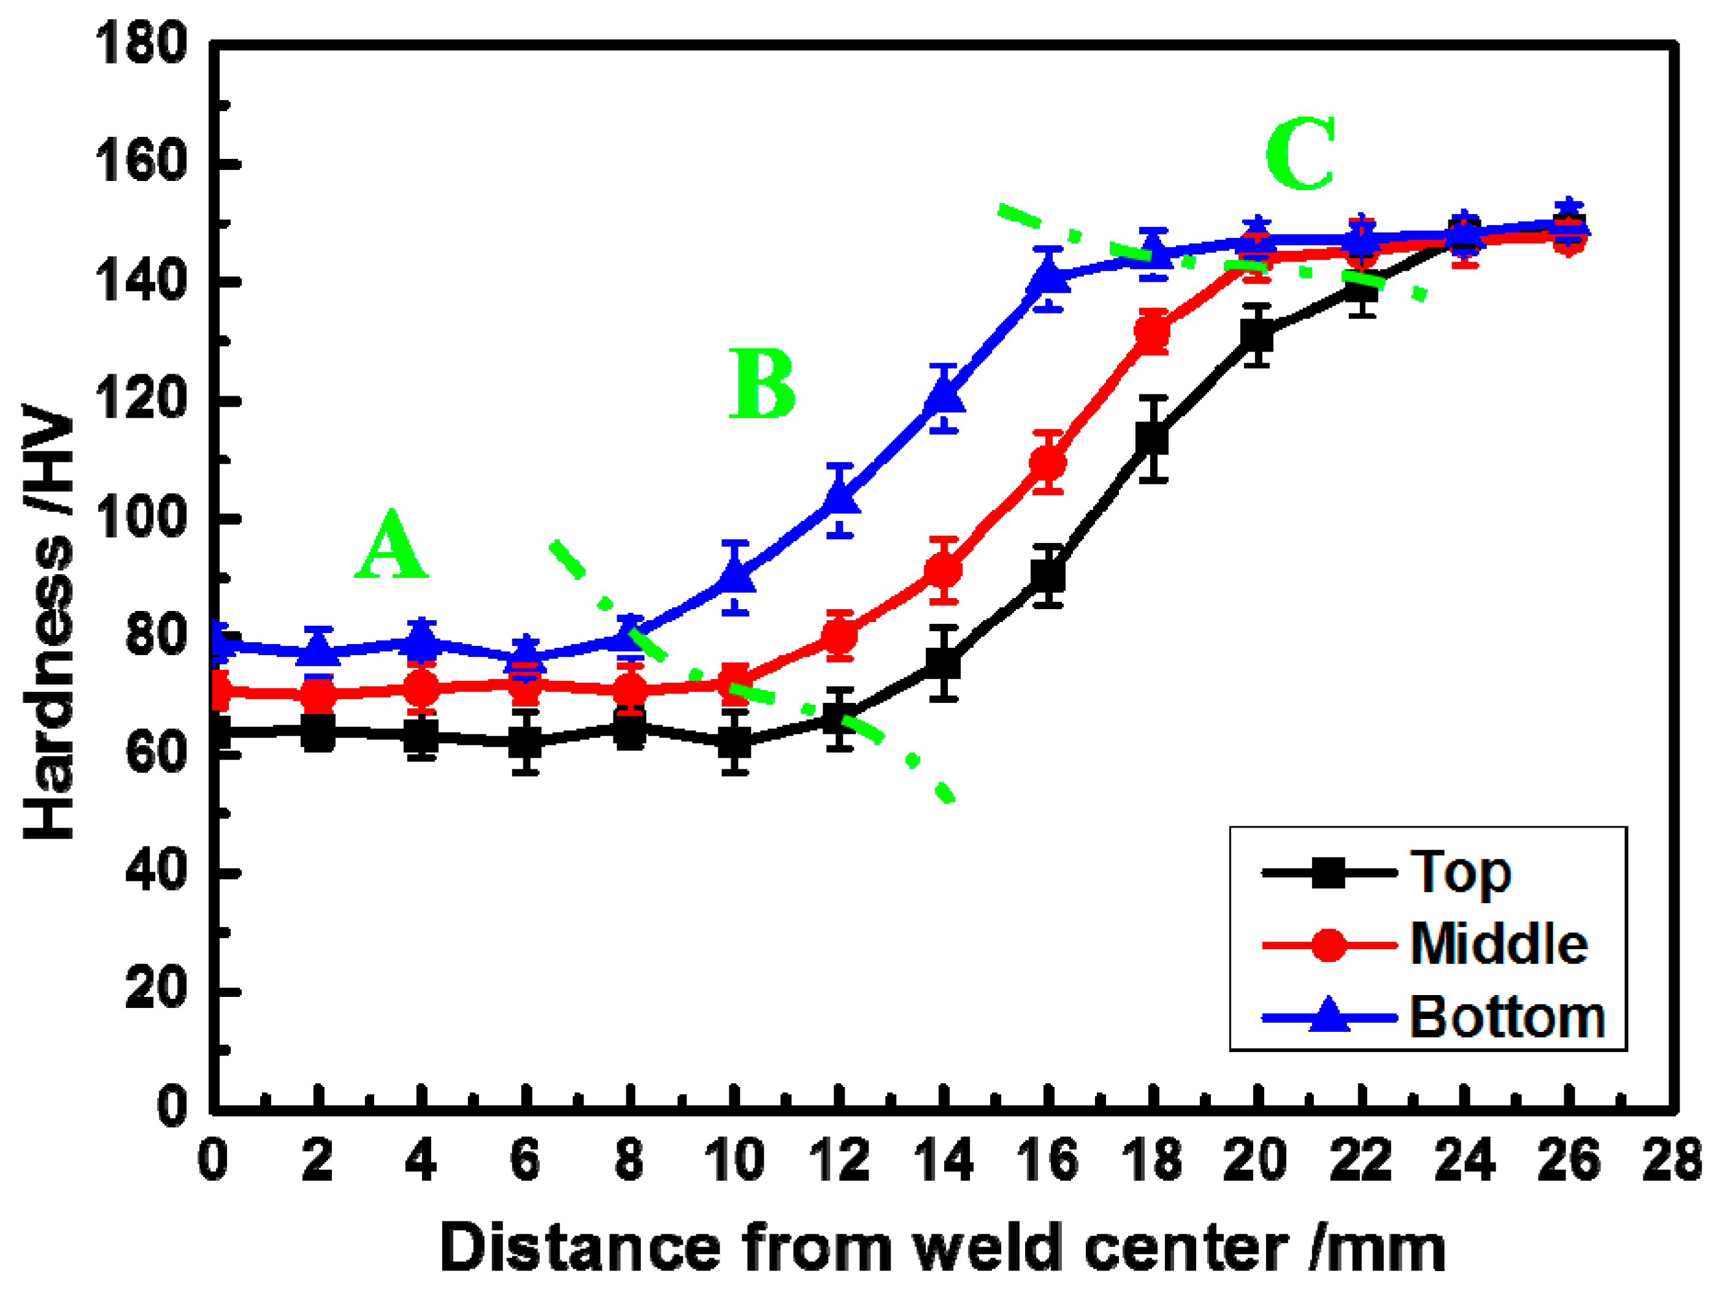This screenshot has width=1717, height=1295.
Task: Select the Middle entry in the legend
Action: (1498, 945)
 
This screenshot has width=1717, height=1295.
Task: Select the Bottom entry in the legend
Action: (1507, 1017)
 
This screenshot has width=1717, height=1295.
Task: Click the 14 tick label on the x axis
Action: (943, 1161)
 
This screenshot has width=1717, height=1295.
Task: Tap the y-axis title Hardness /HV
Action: (48, 621)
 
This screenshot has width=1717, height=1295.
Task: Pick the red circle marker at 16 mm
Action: (1048, 464)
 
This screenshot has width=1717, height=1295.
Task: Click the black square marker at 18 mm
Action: (1153, 439)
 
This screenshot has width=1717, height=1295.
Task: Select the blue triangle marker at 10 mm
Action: (735, 576)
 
